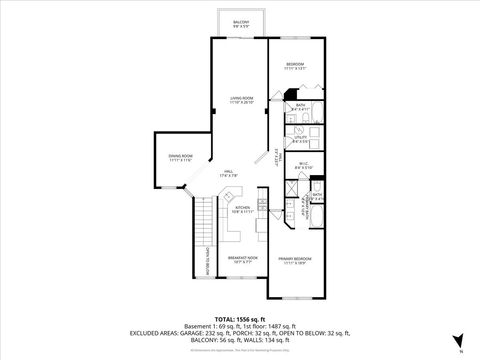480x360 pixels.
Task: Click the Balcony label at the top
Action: pyautogui.click(x=241, y=23)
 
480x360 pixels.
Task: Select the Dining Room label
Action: pyautogui.click(x=181, y=157)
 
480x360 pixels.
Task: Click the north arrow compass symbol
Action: pyautogui.click(x=457, y=341)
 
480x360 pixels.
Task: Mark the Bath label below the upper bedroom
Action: pyautogui.click(x=300, y=105)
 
